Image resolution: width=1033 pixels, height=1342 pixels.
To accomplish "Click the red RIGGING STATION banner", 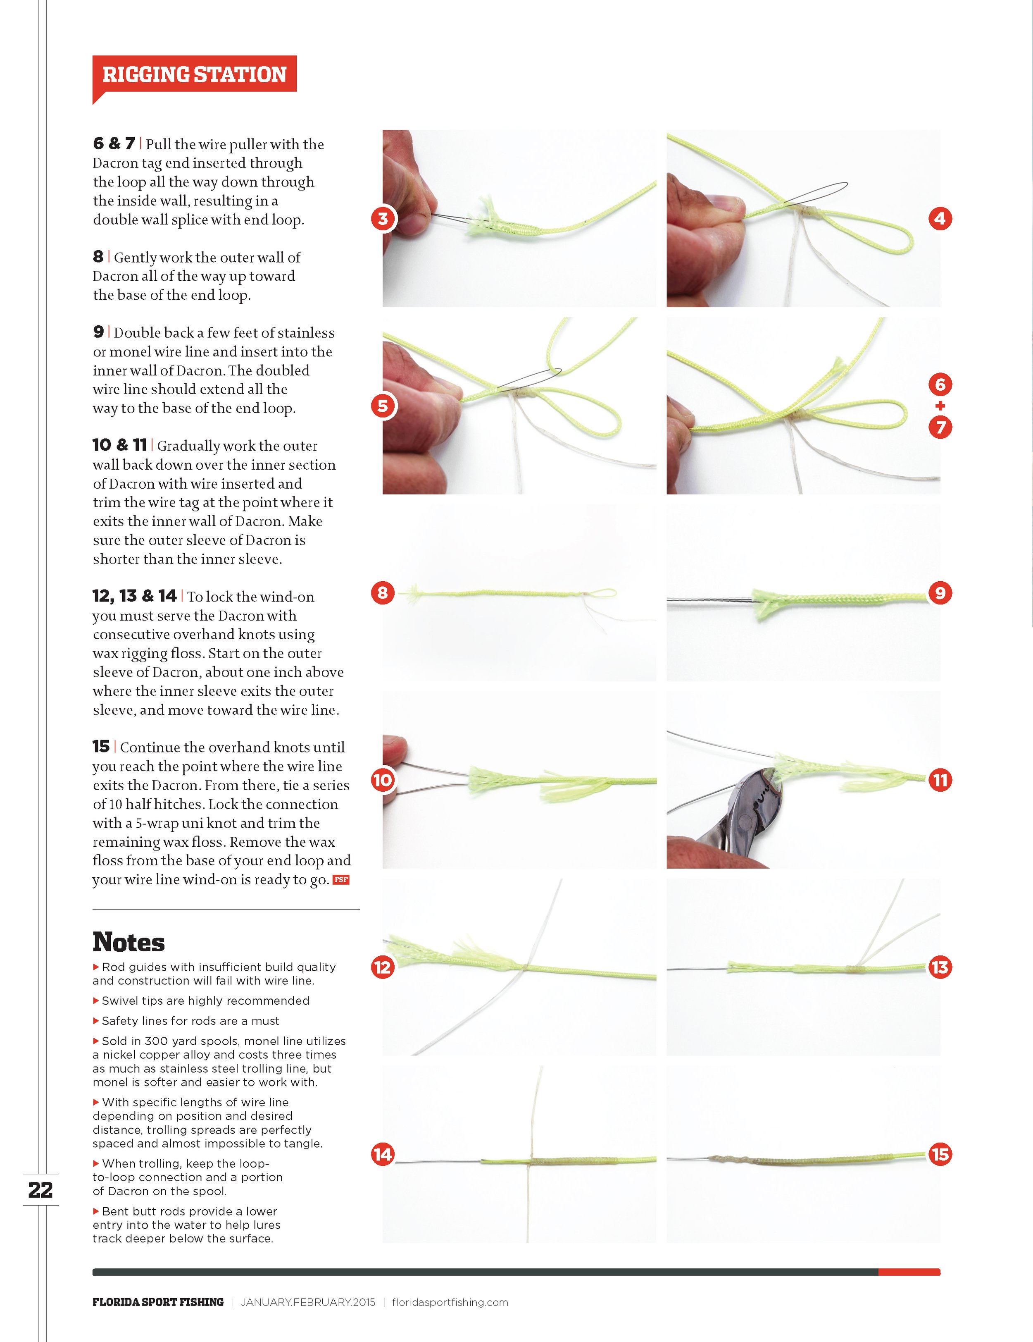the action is point(194,75).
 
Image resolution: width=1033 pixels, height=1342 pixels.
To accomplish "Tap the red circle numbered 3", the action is point(383,219).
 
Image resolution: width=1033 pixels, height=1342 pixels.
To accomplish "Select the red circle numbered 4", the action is point(940,219).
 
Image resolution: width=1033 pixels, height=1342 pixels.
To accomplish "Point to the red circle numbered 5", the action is point(383,406).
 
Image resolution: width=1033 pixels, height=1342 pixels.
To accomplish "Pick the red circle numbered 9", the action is point(940,593).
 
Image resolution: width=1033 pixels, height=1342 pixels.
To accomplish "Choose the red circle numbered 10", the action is point(383,781).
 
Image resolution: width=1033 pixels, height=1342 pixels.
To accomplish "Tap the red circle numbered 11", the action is point(940,781).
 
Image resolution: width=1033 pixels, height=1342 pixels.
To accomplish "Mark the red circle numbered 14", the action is point(383,1155).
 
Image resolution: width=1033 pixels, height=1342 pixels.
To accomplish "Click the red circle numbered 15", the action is point(940,1155).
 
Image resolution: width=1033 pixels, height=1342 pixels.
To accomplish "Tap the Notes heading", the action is point(129,942).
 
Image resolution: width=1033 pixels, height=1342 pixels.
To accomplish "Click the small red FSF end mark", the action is point(341,880).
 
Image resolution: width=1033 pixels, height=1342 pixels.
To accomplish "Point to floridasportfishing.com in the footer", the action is point(450,1302).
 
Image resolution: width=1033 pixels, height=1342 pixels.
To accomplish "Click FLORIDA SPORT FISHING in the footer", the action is point(158,1302).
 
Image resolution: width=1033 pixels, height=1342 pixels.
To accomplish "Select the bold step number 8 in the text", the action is point(98,256).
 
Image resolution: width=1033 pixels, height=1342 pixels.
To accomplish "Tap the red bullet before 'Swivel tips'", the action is point(96,1001).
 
